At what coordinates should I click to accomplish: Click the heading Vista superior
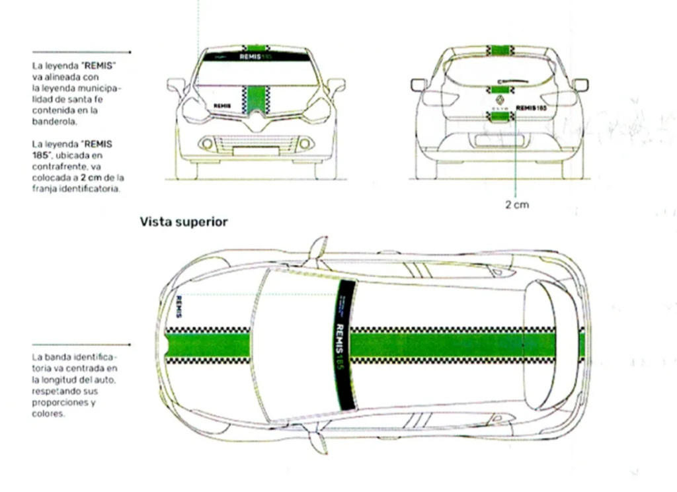click(183, 222)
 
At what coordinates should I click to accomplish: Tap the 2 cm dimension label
click(517, 205)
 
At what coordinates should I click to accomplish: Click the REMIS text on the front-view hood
click(222, 105)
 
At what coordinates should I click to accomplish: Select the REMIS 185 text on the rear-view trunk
click(531, 106)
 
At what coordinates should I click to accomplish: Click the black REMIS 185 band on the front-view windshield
click(256, 57)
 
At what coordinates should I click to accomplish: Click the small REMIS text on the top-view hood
click(179, 306)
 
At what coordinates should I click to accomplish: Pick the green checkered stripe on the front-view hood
click(255, 99)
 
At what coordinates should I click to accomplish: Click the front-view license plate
click(255, 151)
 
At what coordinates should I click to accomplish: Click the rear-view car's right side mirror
click(580, 85)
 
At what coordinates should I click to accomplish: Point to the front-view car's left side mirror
click(177, 85)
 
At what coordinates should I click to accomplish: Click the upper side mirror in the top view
click(318, 247)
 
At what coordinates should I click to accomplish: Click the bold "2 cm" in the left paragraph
click(89, 177)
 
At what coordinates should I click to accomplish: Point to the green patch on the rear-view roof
click(500, 50)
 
